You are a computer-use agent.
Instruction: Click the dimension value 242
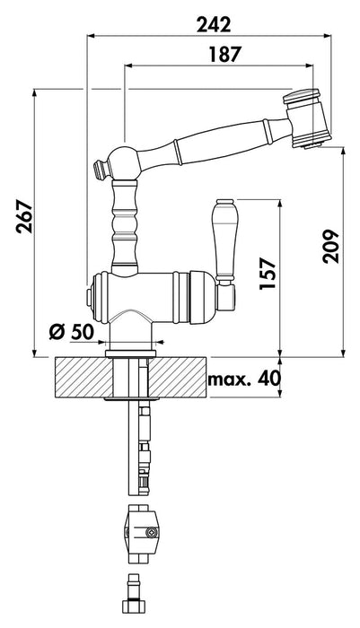pos(214,25)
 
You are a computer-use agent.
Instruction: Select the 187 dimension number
pos(225,55)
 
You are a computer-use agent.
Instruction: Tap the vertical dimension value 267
pos(24,217)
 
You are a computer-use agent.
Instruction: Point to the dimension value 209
pos(331,246)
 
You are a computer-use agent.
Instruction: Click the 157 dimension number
pos(268,274)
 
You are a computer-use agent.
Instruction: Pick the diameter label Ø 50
pos(71,332)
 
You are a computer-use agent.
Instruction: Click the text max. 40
pos(244,379)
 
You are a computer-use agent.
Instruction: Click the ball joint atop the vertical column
pos(125,163)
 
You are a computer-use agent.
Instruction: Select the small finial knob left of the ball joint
pos(101,169)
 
